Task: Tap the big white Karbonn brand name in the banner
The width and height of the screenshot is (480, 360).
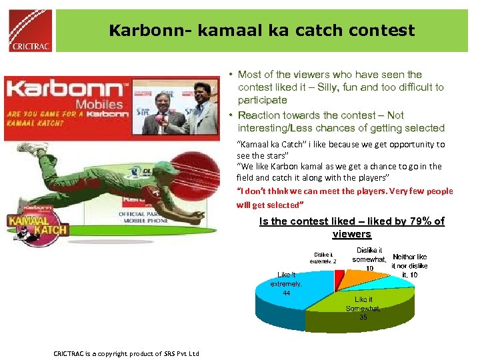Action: point(64,91)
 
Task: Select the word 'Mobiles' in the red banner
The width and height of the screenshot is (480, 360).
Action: point(99,104)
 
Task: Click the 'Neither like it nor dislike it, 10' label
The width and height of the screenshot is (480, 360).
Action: point(409,265)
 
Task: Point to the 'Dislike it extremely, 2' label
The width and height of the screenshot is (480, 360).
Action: point(326,257)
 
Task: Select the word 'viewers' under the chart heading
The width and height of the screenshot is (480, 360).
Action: point(351,234)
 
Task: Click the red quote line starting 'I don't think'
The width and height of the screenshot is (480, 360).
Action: point(345,191)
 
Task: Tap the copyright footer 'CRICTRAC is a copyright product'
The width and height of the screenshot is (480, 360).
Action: point(126,353)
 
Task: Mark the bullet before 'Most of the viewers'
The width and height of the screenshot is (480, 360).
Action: point(229,75)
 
